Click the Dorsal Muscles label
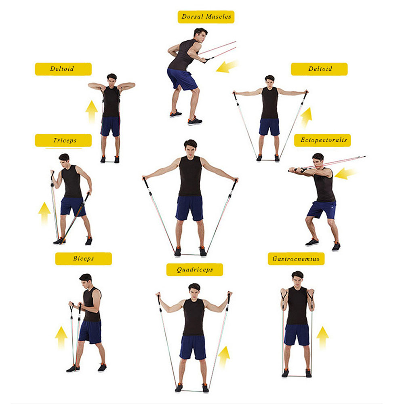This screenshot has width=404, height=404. (x=206, y=17)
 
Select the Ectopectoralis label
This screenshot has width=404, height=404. (x=322, y=140)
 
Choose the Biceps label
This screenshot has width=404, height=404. (x=84, y=259)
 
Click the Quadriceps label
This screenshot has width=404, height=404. (x=195, y=270)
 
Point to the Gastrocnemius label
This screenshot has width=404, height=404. (x=296, y=259)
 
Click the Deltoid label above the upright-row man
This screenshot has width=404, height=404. (x=63, y=69)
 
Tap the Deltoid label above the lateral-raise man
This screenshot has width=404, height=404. (x=319, y=69)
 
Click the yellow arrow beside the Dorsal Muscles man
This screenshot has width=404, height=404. (x=227, y=67)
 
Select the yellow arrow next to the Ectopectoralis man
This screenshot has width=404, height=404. (x=345, y=173)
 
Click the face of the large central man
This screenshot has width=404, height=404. (x=190, y=150)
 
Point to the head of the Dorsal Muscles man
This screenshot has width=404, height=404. (x=200, y=35)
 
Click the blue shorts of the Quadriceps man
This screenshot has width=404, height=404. (x=193, y=347)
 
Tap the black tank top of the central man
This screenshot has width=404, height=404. (x=190, y=176)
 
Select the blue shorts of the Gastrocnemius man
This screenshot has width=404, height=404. (x=297, y=335)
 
